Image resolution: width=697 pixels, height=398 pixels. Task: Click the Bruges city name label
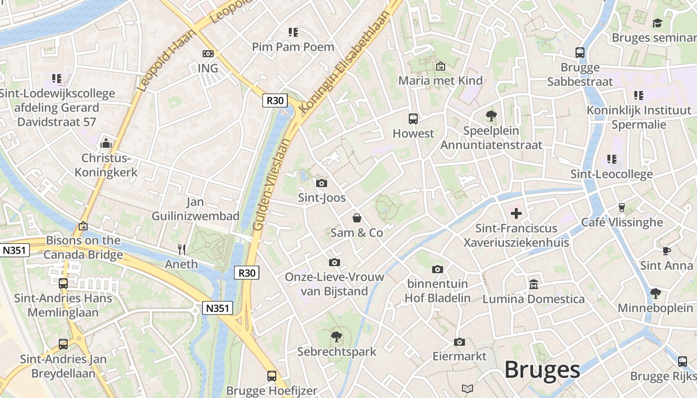click(x=542, y=370)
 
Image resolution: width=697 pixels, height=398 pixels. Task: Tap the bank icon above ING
click(x=208, y=54)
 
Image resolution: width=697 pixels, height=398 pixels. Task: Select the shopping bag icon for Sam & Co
click(x=357, y=218)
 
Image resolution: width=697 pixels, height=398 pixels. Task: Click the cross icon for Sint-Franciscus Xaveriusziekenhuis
click(x=516, y=213)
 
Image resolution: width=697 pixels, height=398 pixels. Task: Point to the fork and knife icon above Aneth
click(x=182, y=249)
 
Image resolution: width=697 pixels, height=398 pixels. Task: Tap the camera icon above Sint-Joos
click(x=322, y=183)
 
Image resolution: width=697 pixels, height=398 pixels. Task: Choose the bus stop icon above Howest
click(x=413, y=118)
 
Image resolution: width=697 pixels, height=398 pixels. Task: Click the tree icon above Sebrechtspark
click(x=337, y=337)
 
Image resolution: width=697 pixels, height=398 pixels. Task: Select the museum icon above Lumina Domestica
click(x=533, y=284)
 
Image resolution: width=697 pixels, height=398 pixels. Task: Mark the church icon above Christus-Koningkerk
click(x=106, y=144)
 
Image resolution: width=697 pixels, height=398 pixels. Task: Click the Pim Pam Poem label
click(x=293, y=47)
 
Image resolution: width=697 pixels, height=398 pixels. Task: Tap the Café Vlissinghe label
click(x=622, y=222)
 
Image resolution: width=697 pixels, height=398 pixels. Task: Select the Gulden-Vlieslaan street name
click(x=271, y=185)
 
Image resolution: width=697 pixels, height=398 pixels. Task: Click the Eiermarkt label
click(x=459, y=356)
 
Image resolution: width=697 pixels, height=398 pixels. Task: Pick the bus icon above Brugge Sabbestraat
click(x=580, y=53)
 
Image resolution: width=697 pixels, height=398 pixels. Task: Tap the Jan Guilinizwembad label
click(x=196, y=209)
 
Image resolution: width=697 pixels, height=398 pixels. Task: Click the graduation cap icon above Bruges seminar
click(x=657, y=23)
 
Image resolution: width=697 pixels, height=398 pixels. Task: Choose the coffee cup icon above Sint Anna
click(x=666, y=251)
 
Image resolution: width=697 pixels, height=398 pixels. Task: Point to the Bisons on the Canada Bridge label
click(x=83, y=248)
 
